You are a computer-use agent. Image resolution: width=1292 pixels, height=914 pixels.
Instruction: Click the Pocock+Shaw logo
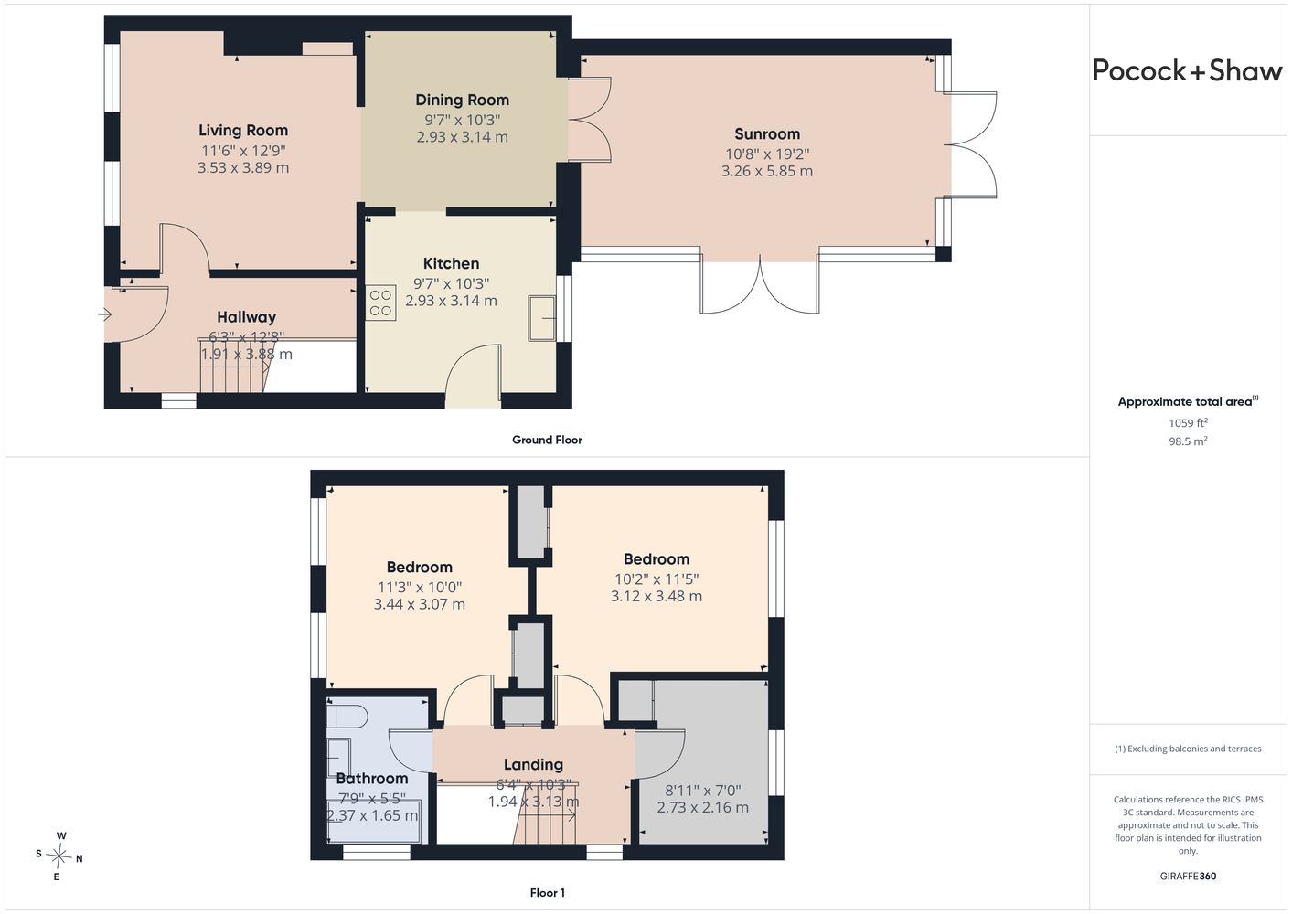coord(1187,71)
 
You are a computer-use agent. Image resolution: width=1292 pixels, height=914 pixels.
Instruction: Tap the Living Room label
coord(243,131)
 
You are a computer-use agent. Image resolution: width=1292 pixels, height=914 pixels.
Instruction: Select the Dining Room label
coord(463,101)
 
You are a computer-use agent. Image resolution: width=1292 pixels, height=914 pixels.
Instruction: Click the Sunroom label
coord(767,134)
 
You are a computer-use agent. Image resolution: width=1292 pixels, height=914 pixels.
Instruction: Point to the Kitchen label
coord(451,263)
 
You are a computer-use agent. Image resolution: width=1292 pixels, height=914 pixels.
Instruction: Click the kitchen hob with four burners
coord(380,303)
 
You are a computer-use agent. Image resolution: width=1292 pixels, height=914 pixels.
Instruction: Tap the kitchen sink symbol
coord(542,318)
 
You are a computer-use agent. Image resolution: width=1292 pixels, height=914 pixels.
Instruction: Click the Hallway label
coord(246,317)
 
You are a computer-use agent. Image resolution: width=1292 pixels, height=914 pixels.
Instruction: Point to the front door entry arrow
coord(104,314)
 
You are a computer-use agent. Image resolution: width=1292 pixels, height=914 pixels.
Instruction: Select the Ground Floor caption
coord(548,440)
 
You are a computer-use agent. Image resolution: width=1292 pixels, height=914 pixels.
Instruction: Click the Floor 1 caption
coord(548,893)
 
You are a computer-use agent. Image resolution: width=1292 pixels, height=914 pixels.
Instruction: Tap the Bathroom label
coord(372,779)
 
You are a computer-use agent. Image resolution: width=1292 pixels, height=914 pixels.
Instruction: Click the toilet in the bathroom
coord(347,717)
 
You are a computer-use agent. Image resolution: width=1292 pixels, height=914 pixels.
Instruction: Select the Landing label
coord(533,765)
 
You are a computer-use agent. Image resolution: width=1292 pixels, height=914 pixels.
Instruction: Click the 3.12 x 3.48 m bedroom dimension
coord(657,596)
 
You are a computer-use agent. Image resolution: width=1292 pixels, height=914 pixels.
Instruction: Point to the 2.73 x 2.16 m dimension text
coord(703,807)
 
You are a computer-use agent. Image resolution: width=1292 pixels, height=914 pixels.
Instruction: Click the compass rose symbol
coord(59,856)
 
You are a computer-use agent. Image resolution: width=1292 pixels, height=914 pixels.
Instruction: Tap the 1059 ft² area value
coord(1188,422)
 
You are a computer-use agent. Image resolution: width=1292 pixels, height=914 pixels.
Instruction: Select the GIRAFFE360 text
coord(1188,876)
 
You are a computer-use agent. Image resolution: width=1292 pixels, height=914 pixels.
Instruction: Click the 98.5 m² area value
coord(1188,441)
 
